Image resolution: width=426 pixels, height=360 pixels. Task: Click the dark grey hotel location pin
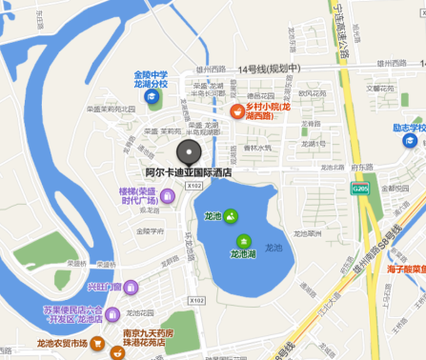click(189, 153)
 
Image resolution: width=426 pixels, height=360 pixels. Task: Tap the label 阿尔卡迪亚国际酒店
click(189, 173)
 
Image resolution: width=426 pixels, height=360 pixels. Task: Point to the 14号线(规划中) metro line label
click(269, 69)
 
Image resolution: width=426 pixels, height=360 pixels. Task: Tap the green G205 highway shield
click(358, 189)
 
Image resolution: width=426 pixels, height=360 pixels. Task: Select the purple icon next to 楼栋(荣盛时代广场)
click(168, 196)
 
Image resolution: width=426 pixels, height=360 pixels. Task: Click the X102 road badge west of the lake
click(197, 301)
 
